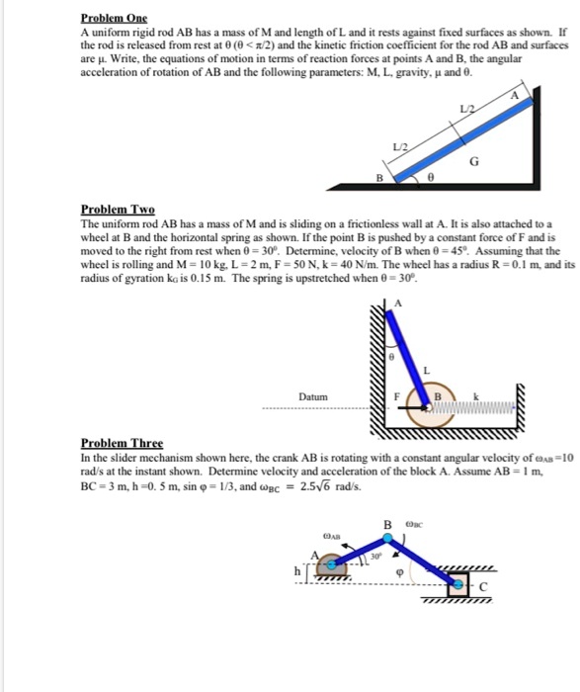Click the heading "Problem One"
(113, 18)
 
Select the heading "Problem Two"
(118, 210)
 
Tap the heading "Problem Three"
(122, 443)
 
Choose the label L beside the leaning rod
(427, 369)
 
